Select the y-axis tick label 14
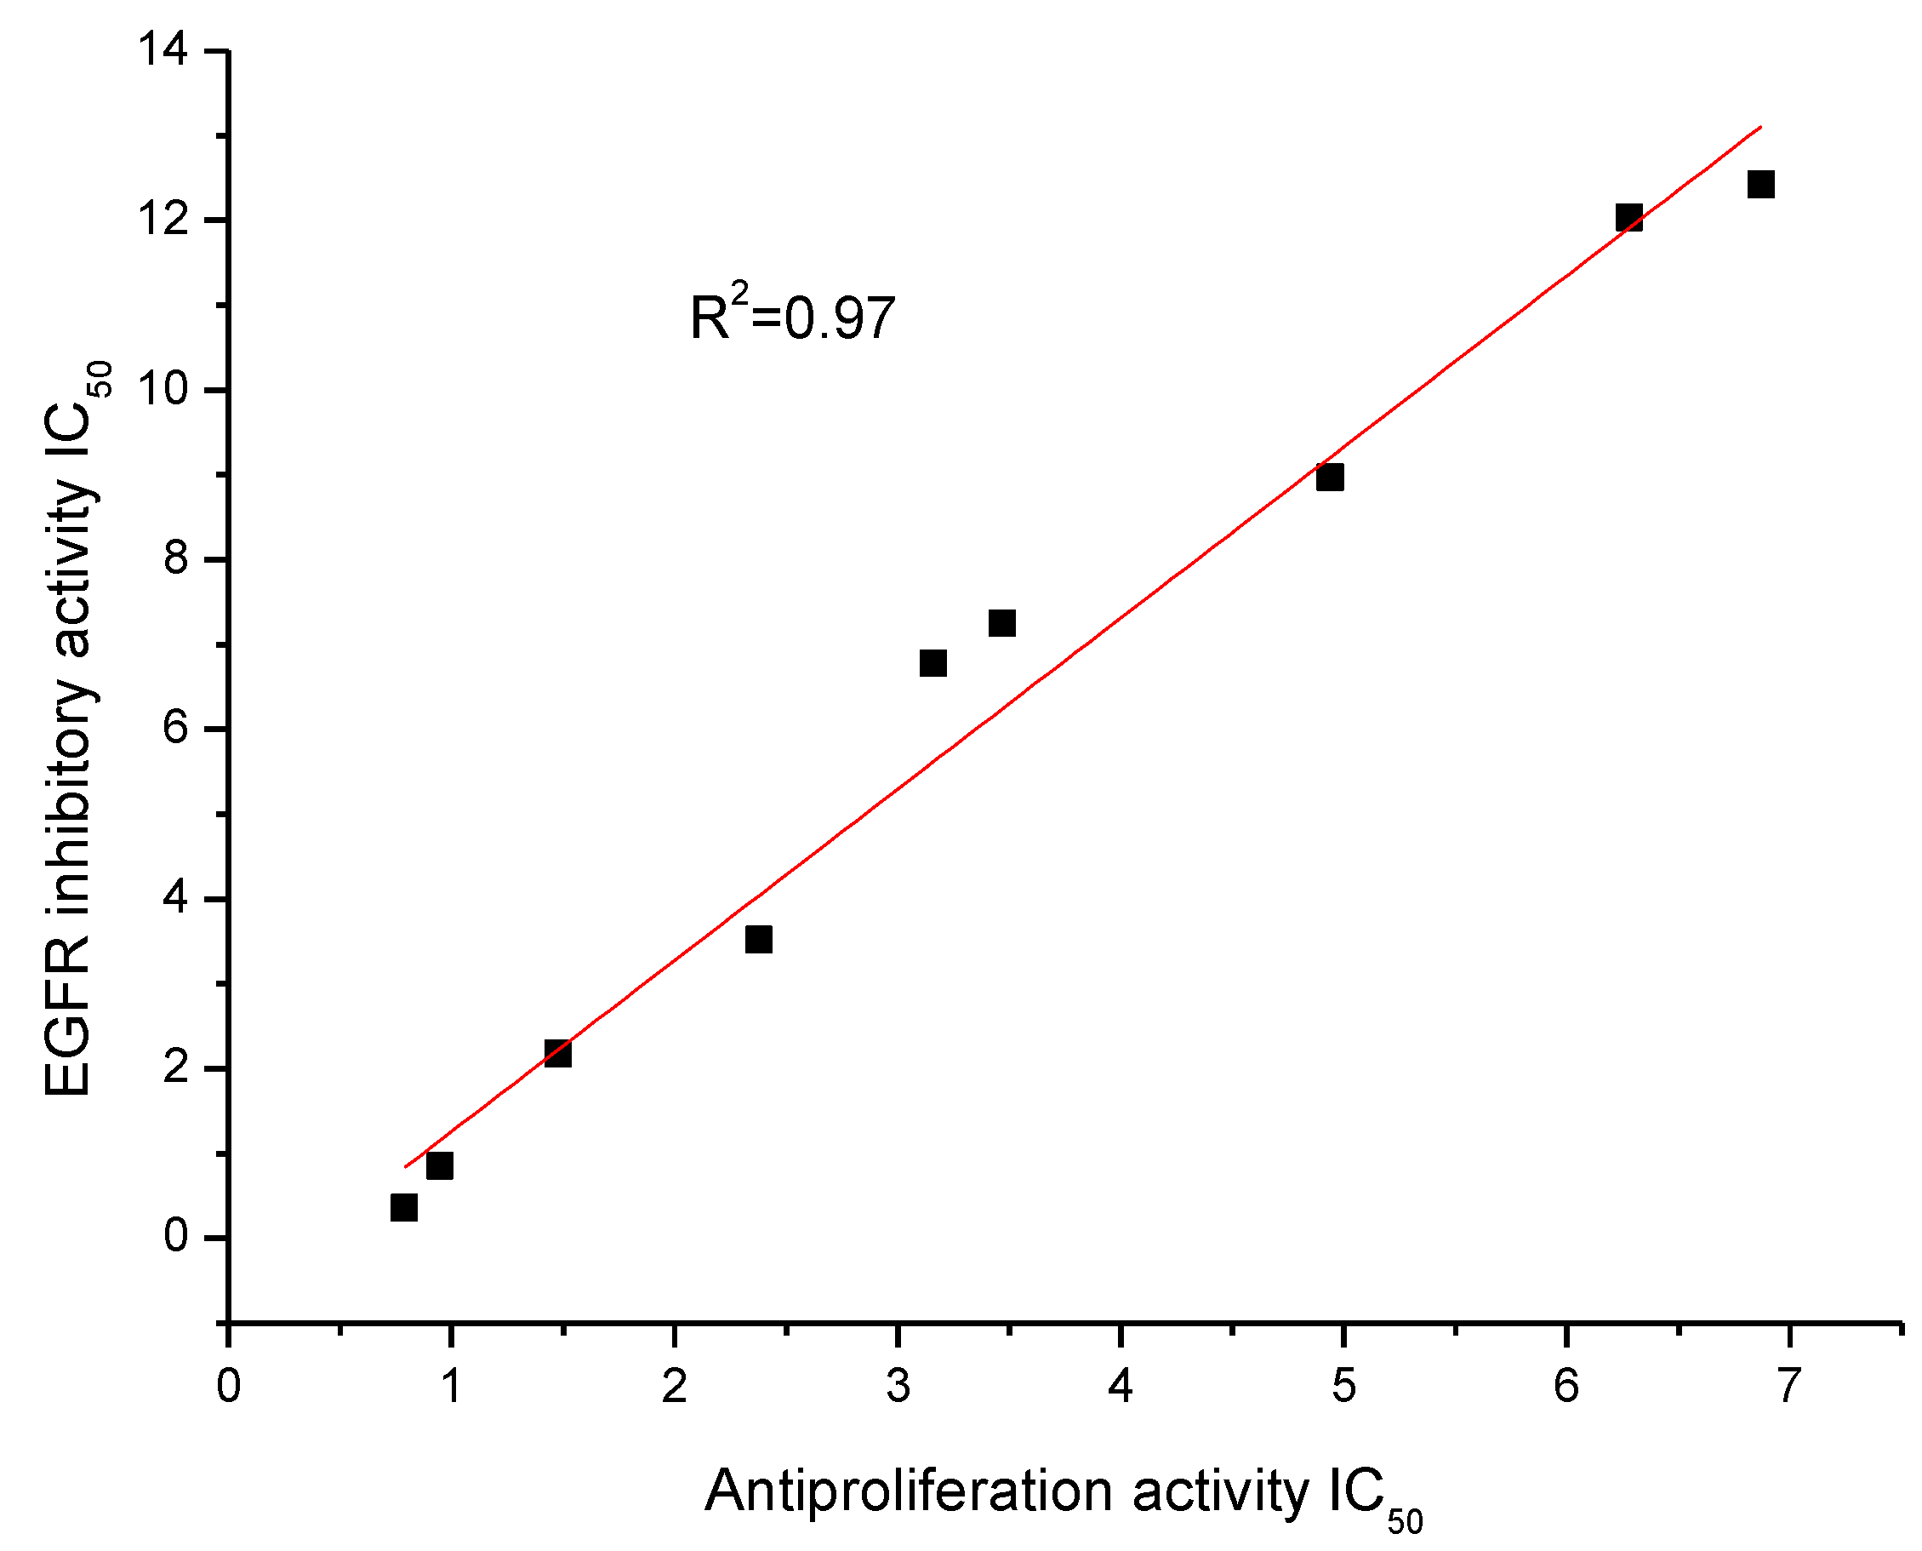tap(163, 50)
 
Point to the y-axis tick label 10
tap(163, 390)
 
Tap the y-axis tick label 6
tap(176, 728)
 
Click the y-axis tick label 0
tap(176, 1237)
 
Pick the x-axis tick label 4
tap(1120, 1386)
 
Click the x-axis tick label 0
tap(229, 1386)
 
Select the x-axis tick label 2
tap(675, 1386)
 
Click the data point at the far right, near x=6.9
tap(1760, 185)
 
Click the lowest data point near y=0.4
tap(403, 1207)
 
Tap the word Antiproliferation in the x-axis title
tap(908, 1491)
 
